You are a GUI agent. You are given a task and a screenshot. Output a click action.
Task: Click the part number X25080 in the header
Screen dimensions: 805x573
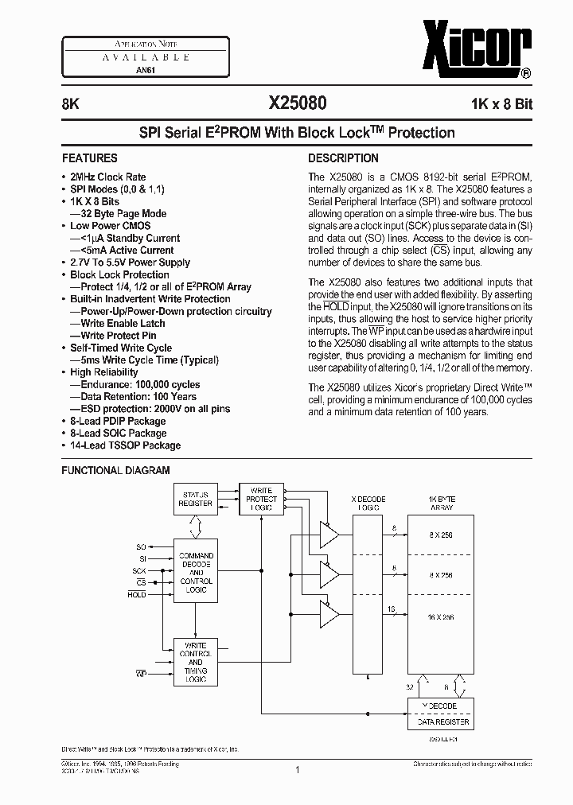pyautogui.click(x=296, y=104)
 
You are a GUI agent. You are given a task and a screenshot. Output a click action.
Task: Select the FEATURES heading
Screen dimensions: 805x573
pyautogui.click(x=90, y=157)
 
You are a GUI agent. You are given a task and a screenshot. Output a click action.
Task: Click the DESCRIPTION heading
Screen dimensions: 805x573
pyautogui.click(x=343, y=157)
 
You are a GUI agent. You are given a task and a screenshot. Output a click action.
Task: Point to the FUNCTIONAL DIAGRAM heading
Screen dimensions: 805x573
pyautogui.click(x=115, y=470)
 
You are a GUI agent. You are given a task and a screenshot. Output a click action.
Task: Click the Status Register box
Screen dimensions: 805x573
pyautogui.click(x=196, y=499)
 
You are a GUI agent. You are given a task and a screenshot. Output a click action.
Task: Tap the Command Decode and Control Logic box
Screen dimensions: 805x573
pyautogui.click(x=196, y=572)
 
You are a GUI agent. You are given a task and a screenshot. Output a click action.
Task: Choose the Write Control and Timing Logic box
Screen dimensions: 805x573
pyautogui.click(x=196, y=662)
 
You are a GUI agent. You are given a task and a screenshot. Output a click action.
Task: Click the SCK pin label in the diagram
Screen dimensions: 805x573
pyautogui.click(x=140, y=571)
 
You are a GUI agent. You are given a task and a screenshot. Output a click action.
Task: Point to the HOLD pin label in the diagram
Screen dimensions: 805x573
pyautogui.click(x=137, y=594)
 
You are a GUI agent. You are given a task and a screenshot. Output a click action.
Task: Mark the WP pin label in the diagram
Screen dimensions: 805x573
pyautogui.click(x=140, y=674)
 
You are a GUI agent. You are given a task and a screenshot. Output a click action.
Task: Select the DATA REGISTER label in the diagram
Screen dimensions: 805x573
pyautogui.click(x=440, y=722)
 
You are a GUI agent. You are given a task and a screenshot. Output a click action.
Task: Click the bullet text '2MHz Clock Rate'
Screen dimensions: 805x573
pyautogui.click(x=108, y=177)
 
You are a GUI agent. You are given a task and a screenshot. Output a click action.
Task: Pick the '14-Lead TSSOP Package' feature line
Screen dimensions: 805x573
pyautogui.click(x=125, y=445)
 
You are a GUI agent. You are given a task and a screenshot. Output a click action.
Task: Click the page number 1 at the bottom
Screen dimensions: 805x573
pyautogui.click(x=297, y=769)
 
